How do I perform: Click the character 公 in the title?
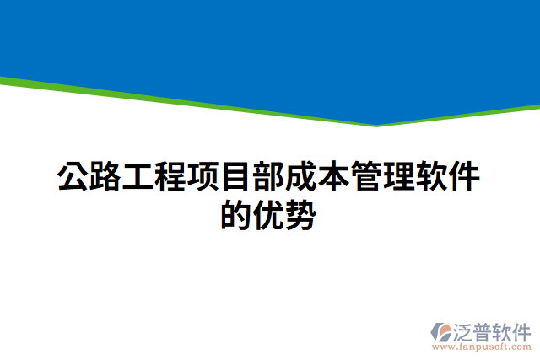pyautogui.click(x=73, y=179)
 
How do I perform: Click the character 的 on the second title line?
pyautogui.click(x=237, y=217)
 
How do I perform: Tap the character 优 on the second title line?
pyautogui.click(x=270, y=217)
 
